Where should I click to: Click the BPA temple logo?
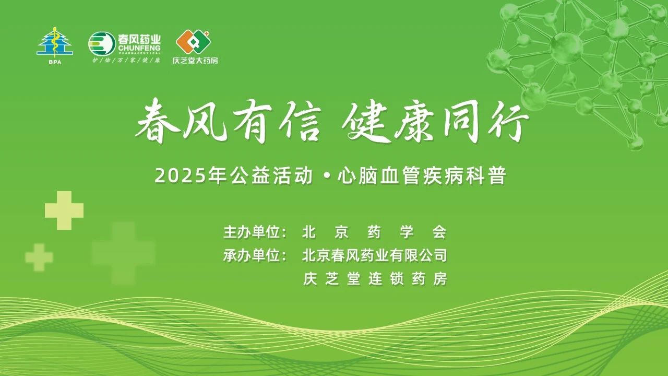(55, 45)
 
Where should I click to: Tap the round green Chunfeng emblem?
(102, 44)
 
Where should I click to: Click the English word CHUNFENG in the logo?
(139, 48)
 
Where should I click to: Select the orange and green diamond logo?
(193, 42)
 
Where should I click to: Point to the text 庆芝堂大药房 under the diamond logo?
(195, 60)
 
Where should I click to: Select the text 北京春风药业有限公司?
(375, 256)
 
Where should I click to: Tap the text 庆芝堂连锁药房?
(375, 279)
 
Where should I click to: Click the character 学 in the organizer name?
(407, 232)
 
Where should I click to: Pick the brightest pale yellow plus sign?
(64, 210)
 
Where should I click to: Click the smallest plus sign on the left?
(39, 257)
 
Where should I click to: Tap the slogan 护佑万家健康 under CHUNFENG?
(126, 60)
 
